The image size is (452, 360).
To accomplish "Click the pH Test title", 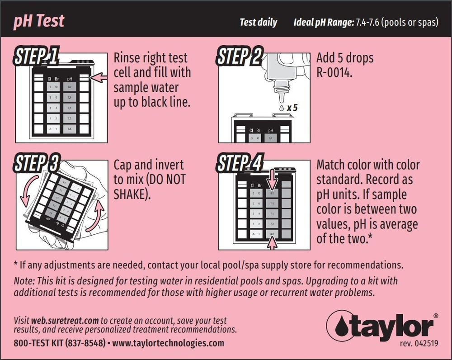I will click(x=39, y=21).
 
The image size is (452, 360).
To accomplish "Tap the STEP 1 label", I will click(x=36, y=57).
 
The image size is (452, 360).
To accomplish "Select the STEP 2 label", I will click(x=239, y=57).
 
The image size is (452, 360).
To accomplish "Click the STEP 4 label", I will click(x=239, y=164).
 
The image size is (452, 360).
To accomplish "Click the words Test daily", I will click(x=258, y=22).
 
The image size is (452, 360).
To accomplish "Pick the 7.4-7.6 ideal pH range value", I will click(x=367, y=22).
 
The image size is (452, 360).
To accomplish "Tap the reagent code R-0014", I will click(x=334, y=72).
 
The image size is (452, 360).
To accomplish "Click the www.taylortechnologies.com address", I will click(x=168, y=343).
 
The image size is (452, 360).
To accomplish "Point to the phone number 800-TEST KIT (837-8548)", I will click(x=60, y=343).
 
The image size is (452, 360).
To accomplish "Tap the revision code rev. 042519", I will click(x=419, y=343).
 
